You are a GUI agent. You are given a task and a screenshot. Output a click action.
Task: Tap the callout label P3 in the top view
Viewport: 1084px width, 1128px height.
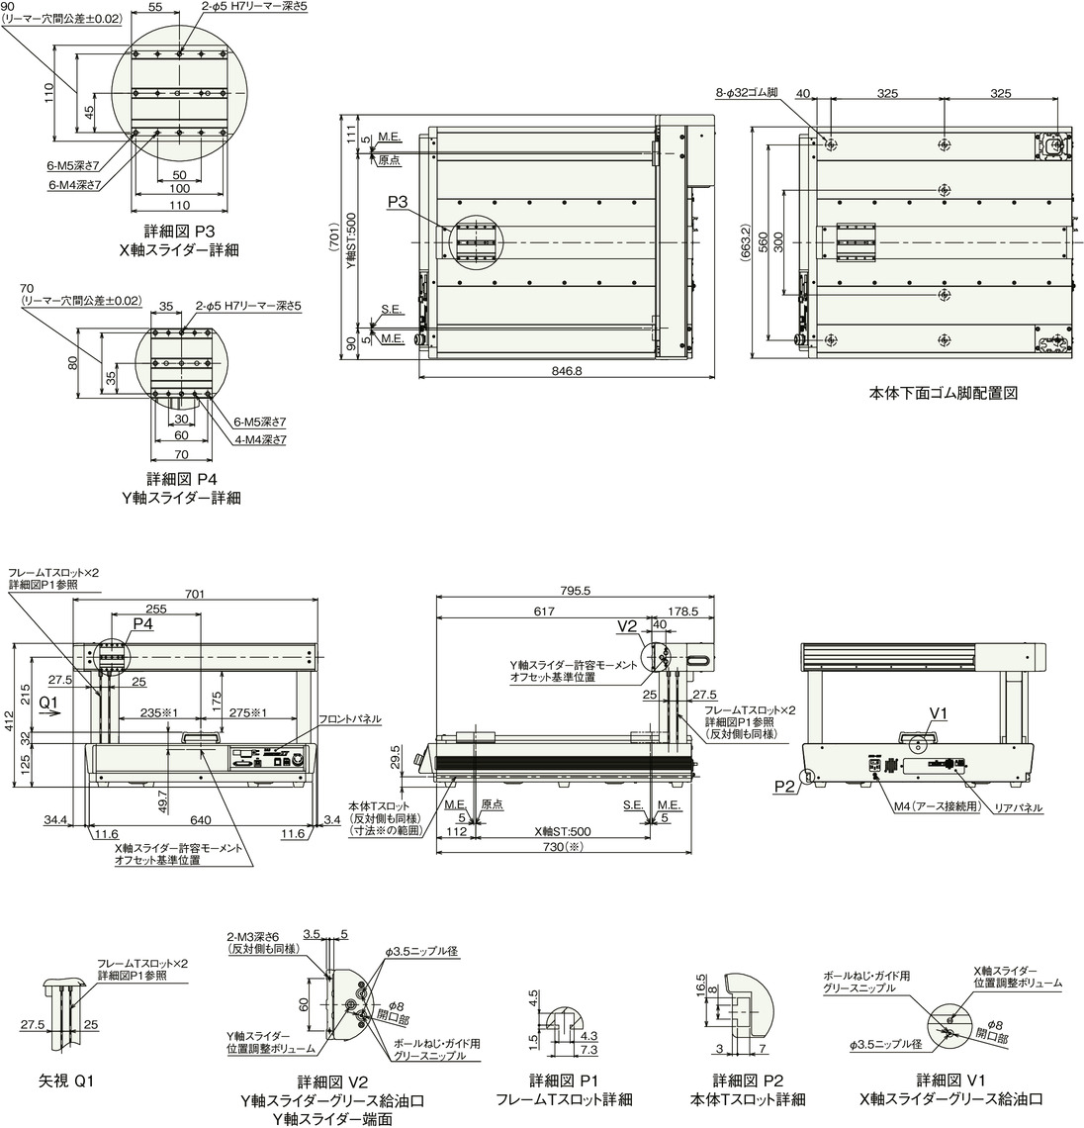pos(398,202)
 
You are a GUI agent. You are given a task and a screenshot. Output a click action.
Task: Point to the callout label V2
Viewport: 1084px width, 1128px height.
pos(627,627)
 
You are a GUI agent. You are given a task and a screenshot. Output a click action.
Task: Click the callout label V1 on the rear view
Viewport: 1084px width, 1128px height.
pos(939,712)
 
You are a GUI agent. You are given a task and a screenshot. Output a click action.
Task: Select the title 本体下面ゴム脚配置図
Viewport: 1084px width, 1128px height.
pos(943,393)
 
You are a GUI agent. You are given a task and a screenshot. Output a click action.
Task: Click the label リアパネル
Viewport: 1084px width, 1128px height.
pos(1016,808)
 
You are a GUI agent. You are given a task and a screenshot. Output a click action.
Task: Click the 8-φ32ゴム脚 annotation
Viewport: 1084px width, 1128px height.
pos(747,93)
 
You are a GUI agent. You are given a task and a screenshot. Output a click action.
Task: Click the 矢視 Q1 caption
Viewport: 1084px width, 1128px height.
pos(64,1080)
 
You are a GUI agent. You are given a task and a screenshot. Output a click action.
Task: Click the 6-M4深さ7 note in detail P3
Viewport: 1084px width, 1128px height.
pos(75,184)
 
